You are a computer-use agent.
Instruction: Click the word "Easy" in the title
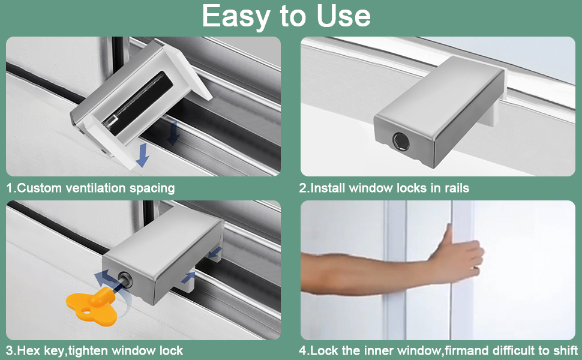tap(236, 17)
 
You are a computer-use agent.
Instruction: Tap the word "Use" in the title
tap(344, 16)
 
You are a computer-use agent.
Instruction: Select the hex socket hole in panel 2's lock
tap(401, 142)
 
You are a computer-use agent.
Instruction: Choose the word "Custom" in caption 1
tap(40, 188)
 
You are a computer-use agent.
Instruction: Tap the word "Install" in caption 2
tap(328, 188)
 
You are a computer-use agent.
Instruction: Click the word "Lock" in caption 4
tap(322, 350)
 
